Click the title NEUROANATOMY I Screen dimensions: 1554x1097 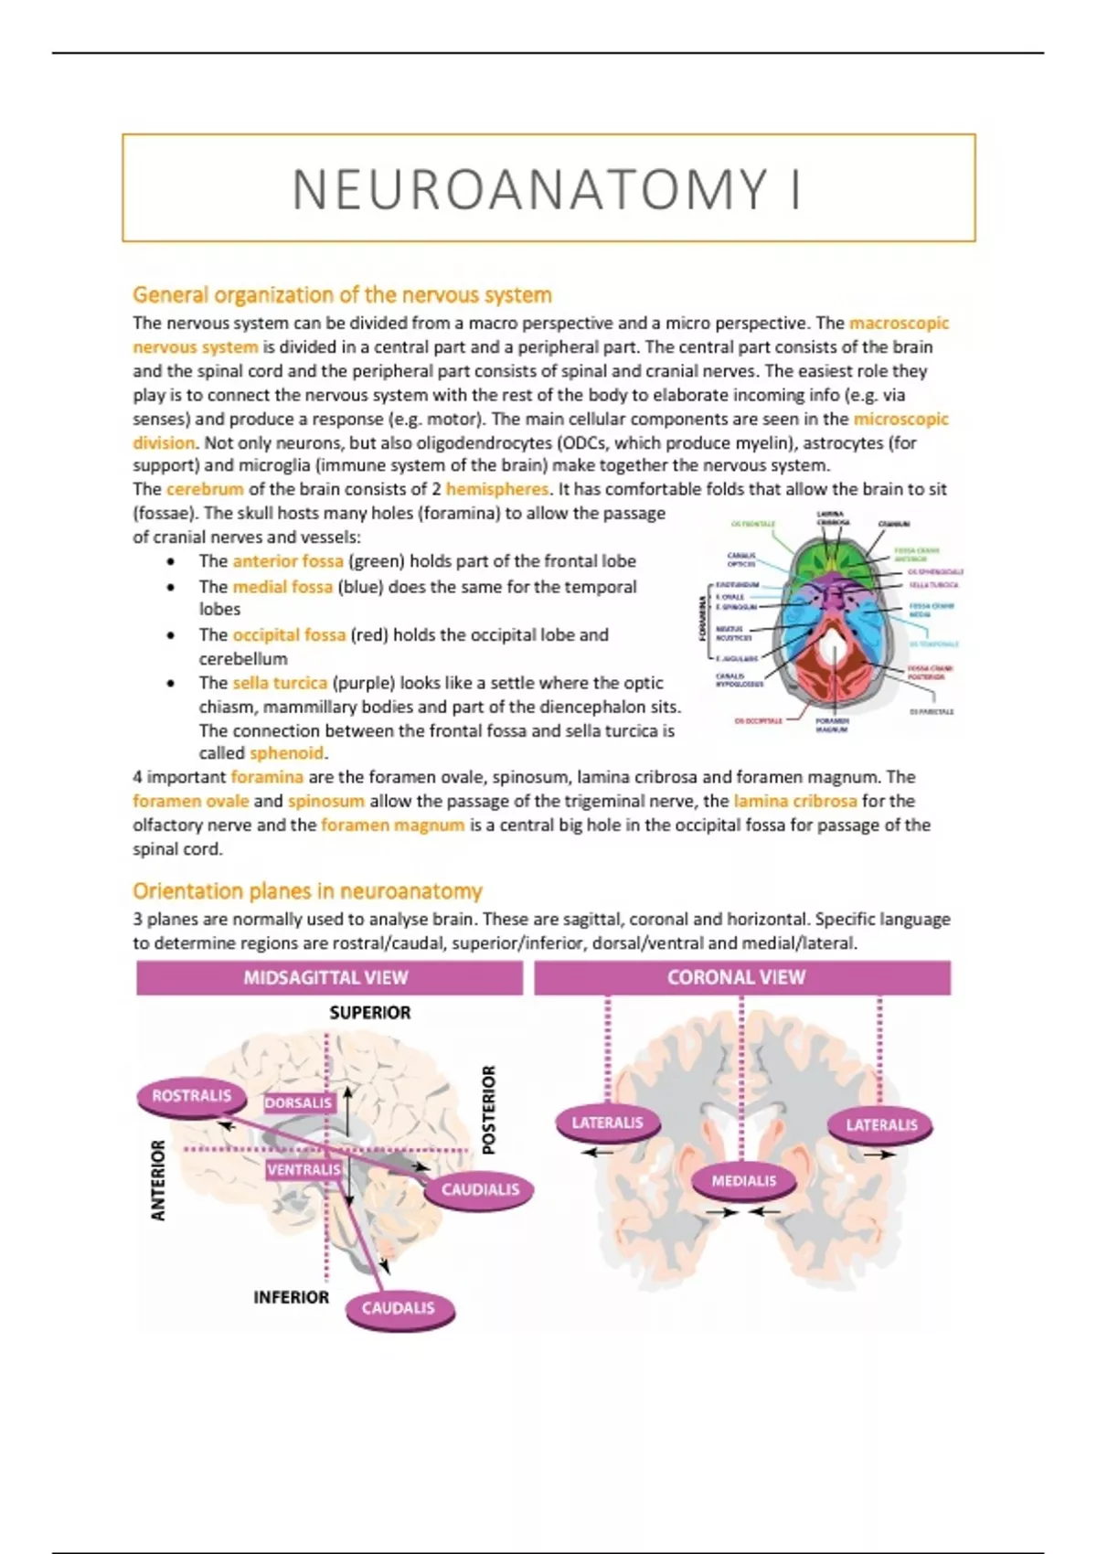[548, 189]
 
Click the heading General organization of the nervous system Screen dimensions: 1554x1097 [342, 295]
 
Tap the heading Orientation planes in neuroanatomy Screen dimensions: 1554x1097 [307, 891]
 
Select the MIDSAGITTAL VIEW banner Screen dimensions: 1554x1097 [326, 977]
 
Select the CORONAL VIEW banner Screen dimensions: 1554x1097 [737, 977]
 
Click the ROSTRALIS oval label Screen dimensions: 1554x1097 [191, 1096]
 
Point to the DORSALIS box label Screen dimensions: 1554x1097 [299, 1103]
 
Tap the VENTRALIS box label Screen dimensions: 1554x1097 [304, 1169]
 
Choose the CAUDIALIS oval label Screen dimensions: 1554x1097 [479, 1189]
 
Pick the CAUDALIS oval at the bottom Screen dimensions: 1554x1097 [399, 1308]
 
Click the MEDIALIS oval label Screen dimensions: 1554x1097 [743, 1181]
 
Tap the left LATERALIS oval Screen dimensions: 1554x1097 [607, 1123]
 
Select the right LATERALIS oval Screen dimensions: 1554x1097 [880, 1124]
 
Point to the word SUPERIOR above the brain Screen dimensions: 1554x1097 [370, 1013]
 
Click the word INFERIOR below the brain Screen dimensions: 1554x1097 [291, 1297]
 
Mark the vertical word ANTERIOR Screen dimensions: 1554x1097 [159, 1180]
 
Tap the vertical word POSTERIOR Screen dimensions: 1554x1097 [489, 1109]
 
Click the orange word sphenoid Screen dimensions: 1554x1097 [286, 753]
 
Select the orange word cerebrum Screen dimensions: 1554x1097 [205, 489]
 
